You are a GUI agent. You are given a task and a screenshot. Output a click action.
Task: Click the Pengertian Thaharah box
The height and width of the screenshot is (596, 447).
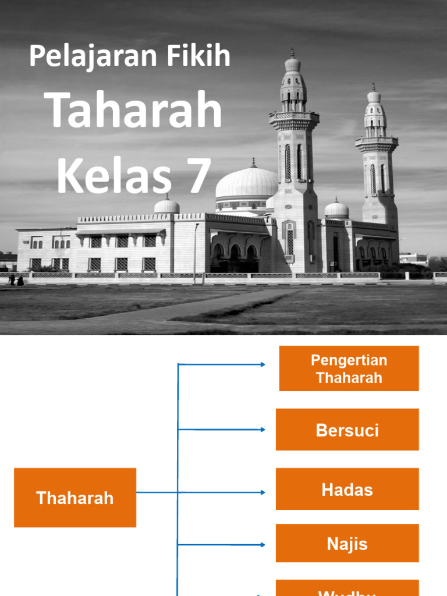(349, 368)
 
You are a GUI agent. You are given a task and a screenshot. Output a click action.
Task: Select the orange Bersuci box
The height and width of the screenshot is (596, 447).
(347, 430)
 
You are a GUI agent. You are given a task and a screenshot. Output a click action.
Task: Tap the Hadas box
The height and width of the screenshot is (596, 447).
(347, 489)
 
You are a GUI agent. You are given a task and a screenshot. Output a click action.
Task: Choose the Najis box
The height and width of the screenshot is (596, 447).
(347, 544)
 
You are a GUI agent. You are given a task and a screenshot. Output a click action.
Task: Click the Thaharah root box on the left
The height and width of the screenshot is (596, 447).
(75, 498)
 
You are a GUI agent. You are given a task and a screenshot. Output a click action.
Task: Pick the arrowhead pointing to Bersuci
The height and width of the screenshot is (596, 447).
(262, 430)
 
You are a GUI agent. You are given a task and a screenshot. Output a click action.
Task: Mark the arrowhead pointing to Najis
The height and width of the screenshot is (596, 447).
(262, 545)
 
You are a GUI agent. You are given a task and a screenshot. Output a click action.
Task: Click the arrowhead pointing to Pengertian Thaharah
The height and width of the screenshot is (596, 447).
(262, 364)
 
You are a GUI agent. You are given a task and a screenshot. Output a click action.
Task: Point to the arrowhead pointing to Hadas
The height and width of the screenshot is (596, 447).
(262, 492)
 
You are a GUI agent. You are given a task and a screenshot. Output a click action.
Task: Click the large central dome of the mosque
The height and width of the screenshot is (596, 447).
(247, 182)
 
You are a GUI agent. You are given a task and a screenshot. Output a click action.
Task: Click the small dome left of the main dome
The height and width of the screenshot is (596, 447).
(167, 205)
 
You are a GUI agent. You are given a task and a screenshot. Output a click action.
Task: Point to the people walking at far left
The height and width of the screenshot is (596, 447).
(16, 280)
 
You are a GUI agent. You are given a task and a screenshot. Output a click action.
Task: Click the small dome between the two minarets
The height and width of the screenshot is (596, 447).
(336, 208)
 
